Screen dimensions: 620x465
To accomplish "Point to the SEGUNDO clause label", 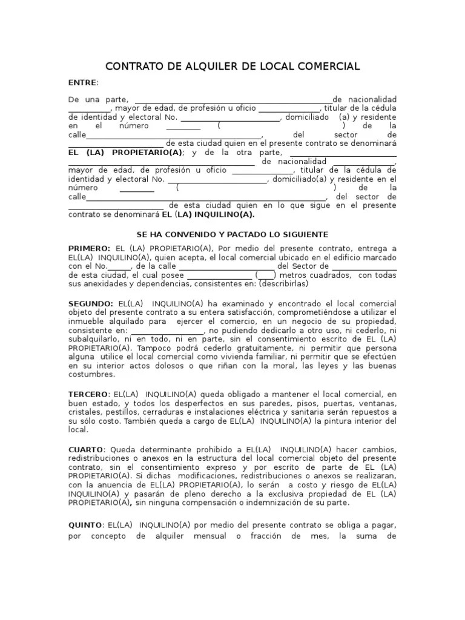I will tap(90, 303).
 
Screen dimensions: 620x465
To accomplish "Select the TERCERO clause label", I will tap(88, 394).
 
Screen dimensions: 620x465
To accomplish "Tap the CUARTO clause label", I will tap(86, 449).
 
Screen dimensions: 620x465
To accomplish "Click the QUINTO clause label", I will tap(86, 526).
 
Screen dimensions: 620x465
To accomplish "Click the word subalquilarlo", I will tap(96, 340).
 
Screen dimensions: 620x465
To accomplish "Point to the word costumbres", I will tap(91, 375).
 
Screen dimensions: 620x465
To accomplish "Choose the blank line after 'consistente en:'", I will tap(167, 331).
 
